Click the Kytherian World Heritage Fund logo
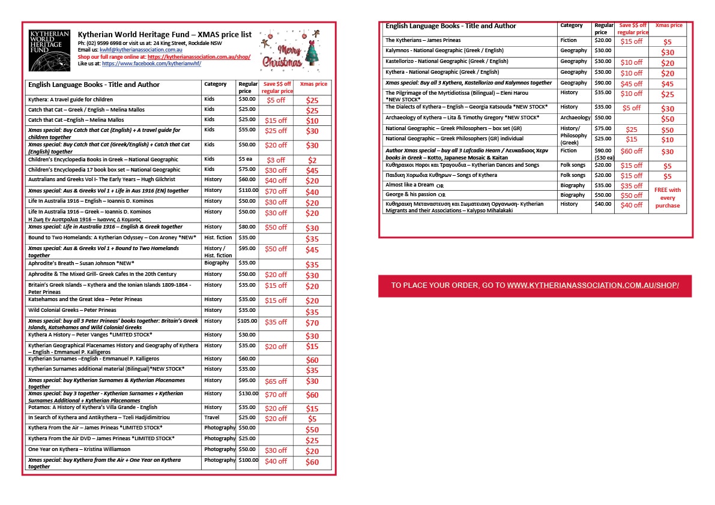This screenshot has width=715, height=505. pos(49,50)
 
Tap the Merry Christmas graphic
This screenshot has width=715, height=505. pos(289,50)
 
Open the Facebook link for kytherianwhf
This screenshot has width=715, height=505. pos(151,63)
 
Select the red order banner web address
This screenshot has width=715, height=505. pos(593,285)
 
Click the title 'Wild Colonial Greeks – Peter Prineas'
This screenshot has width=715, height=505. pos(72,311)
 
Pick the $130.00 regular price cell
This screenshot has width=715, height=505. pos(247,394)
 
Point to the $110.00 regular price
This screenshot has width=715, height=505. pos(247,190)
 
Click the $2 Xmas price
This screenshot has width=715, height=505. pos(312,161)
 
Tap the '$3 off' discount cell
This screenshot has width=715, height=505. pos(276,161)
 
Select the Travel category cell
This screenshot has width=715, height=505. pos(212,417)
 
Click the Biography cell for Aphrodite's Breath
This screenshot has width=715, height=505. pos(216,263)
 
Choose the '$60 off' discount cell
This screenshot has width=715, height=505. pos(632,152)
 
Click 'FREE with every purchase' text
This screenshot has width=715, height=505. pos(668,197)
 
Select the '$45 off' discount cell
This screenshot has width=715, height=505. pos(632,84)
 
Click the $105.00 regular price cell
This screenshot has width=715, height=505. pos(247,321)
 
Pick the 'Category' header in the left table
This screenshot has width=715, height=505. pos(216,85)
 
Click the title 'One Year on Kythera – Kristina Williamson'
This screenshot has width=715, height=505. pos(79,449)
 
